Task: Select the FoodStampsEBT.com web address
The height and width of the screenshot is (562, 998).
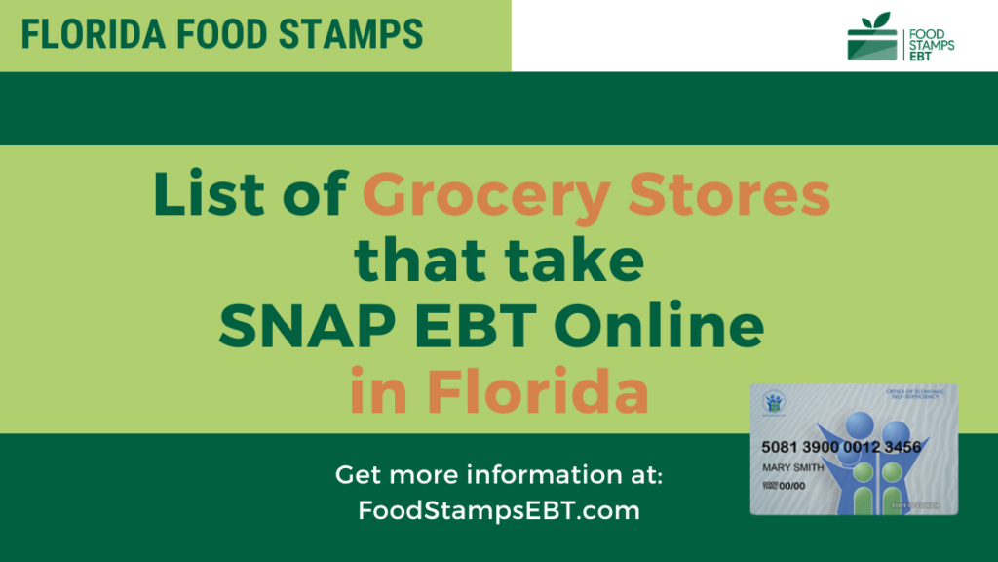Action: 499,509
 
